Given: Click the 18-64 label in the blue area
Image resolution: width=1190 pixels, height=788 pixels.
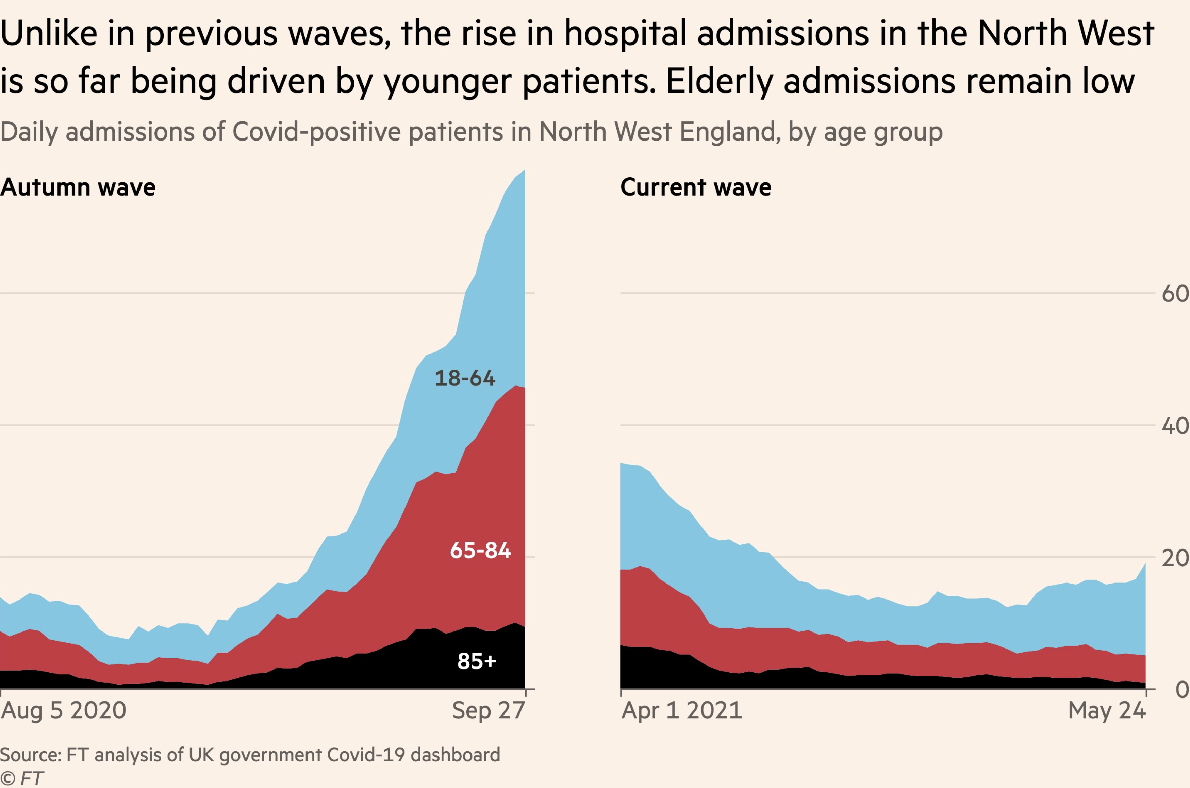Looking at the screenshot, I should [465, 378].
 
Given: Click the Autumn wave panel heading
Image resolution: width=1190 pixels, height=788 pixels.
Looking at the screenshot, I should [78, 187].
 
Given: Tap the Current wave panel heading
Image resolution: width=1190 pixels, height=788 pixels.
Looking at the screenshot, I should [696, 187].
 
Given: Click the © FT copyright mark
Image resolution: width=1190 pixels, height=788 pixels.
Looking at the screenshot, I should [21, 778].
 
